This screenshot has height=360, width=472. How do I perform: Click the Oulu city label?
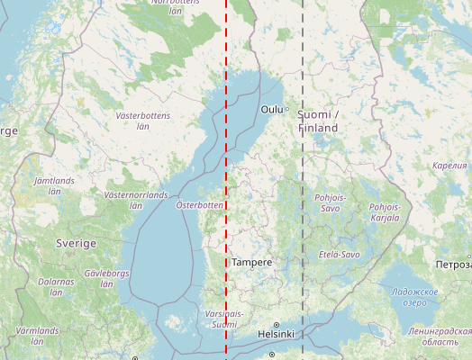coord(271,109)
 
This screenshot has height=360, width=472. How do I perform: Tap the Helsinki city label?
coord(276,334)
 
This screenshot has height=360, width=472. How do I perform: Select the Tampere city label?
coord(251,262)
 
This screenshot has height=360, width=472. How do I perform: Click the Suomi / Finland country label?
coord(318,121)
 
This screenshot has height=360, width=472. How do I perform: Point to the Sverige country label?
coord(76,244)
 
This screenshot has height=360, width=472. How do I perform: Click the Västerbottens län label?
coord(142,121)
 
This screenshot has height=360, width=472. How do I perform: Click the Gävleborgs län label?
coord(106,277)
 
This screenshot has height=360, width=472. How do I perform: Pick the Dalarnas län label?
coord(56,287)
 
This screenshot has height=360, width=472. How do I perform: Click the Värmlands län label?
coord(36,336)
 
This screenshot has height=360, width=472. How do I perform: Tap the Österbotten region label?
coord(199,205)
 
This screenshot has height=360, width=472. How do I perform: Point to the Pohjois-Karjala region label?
coord(384,211)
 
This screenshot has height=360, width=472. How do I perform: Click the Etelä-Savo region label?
coord(339,255)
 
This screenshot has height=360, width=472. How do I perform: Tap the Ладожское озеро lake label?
coord(414,297)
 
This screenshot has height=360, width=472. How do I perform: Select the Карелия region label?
coord(449,166)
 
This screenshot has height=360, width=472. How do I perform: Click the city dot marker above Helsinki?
coord(277,324)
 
